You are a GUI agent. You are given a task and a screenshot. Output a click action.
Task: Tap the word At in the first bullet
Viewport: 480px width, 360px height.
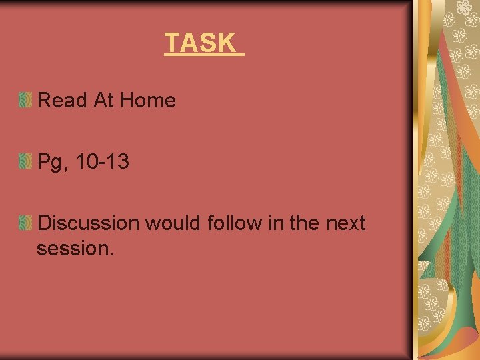coord(103,101)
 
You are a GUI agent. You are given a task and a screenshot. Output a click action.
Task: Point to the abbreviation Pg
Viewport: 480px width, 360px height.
coord(49,162)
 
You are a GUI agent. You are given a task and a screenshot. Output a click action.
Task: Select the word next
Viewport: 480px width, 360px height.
coord(346,223)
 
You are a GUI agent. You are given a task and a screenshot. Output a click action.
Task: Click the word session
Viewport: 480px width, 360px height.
coord(73,249)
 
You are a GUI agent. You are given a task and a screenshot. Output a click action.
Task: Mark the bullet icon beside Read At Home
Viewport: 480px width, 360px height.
coord(25,101)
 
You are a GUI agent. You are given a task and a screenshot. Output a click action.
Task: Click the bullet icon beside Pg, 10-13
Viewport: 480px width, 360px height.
coord(25,161)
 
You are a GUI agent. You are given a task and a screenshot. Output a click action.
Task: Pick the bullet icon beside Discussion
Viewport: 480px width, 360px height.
coord(25,223)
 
